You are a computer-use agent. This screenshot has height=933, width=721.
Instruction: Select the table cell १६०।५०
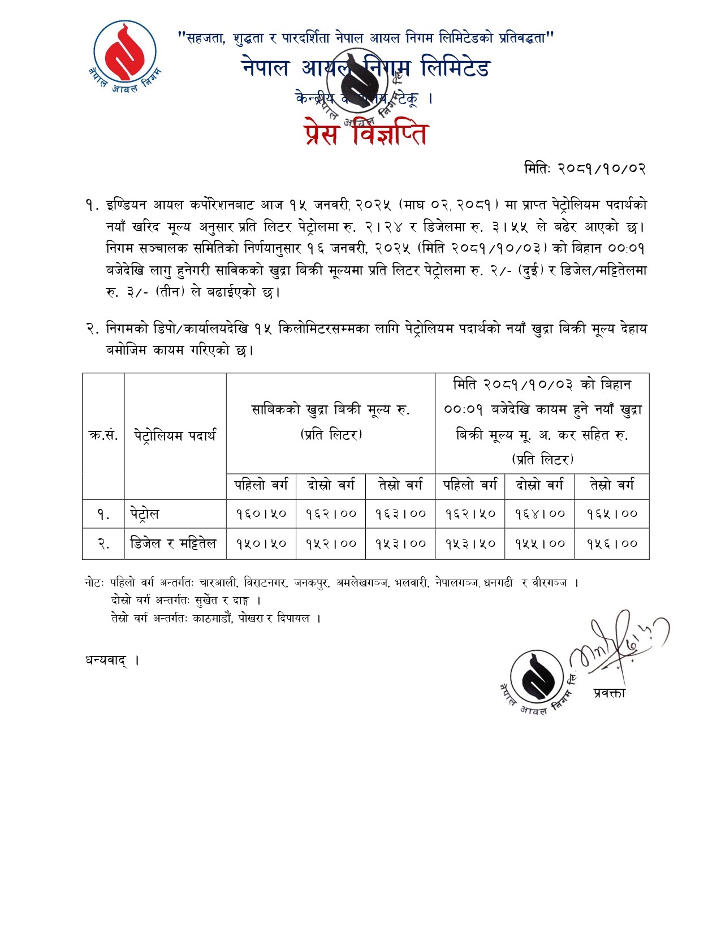[261, 514]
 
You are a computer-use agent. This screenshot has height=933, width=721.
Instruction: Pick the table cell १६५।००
[612, 514]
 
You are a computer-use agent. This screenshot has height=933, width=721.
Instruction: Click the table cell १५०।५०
[261, 543]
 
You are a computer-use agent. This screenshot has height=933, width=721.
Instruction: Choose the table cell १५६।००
[612, 543]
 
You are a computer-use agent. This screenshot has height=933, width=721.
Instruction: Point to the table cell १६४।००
[540, 514]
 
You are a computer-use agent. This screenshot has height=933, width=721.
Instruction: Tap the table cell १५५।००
[540, 543]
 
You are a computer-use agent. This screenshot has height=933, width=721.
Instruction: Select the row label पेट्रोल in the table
[145, 514]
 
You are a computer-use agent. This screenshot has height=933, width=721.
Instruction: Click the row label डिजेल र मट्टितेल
[173, 543]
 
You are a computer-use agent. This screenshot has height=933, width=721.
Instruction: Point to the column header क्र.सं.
[103, 435]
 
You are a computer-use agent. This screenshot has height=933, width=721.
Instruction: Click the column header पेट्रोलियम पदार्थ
[175, 435]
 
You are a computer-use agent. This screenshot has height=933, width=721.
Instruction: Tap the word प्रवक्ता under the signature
[610, 693]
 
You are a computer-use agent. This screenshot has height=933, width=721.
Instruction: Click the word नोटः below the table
[94, 582]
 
